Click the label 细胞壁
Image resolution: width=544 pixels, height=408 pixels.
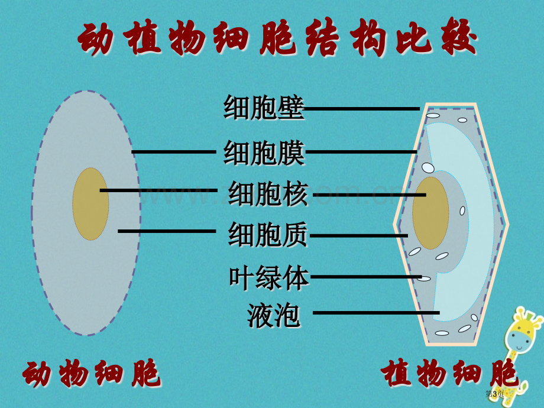(264, 108)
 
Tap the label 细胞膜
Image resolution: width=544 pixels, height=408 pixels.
(264, 153)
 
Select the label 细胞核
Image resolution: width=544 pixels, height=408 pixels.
(268, 193)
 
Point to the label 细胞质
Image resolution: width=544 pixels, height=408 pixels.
(268, 235)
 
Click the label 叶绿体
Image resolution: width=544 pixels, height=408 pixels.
(269, 278)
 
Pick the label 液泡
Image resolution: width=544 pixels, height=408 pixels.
(274, 315)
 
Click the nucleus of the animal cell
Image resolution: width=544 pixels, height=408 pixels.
(90, 204)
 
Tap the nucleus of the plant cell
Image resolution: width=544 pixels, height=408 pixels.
(430, 213)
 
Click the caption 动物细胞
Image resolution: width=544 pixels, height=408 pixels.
(91, 373)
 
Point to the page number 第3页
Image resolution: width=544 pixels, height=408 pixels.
(495, 394)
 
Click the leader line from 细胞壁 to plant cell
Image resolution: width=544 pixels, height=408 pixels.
(362, 109)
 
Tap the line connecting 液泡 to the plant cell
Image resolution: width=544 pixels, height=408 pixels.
(377, 313)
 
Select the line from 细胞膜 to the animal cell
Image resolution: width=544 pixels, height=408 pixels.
(174, 151)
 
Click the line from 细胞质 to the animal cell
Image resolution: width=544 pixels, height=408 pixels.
(167, 231)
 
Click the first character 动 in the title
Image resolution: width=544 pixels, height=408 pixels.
(95, 38)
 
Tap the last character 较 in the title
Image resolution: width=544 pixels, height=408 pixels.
(459, 37)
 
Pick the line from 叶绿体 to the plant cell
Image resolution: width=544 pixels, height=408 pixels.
(366, 277)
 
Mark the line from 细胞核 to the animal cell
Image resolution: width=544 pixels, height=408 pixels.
(158, 190)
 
